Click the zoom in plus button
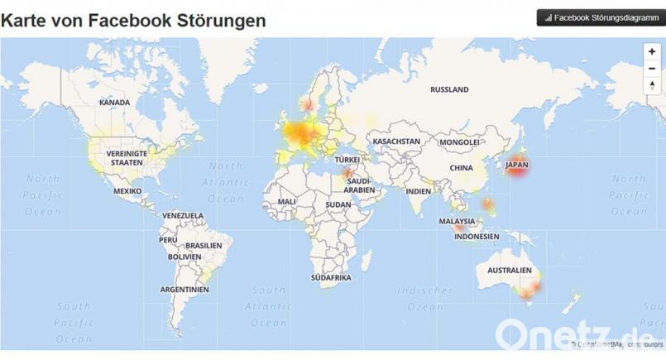(x=652, y=51)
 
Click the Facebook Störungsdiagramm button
(x=601, y=17)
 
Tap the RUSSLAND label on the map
(x=449, y=89)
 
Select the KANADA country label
(x=114, y=103)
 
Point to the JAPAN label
(x=515, y=164)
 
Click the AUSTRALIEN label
(x=509, y=271)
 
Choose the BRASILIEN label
(x=204, y=246)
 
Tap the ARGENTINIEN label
(x=184, y=290)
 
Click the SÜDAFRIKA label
(x=331, y=277)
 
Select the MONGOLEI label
(x=459, y=142)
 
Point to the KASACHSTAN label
(x=396, y=142)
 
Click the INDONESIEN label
(x=477, y=237)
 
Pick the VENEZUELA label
(x=183, y=215)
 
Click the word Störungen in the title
(x=222, y=20)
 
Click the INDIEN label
(x=419, y=191)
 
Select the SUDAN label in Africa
(x=338, y=204)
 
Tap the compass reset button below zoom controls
(x=652, y=84)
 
